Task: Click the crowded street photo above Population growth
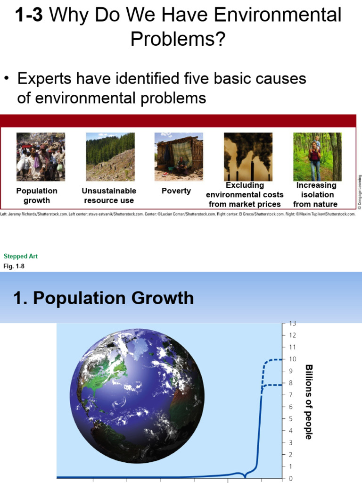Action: click(41, 157)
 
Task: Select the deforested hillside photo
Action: click(110, 157)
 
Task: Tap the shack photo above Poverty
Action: click(179, 157)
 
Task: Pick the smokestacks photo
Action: click(248, 157)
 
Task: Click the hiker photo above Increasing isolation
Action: click(317, 157)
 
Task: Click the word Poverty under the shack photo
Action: click(176, 191)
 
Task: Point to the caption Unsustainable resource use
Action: click(109, 196)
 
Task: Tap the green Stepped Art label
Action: click(21, 257)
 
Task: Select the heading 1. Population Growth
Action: click(104, 298)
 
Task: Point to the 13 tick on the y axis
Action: click(292, 324)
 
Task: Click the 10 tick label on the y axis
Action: click(292, 359)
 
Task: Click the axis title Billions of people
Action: click(309, 401)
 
